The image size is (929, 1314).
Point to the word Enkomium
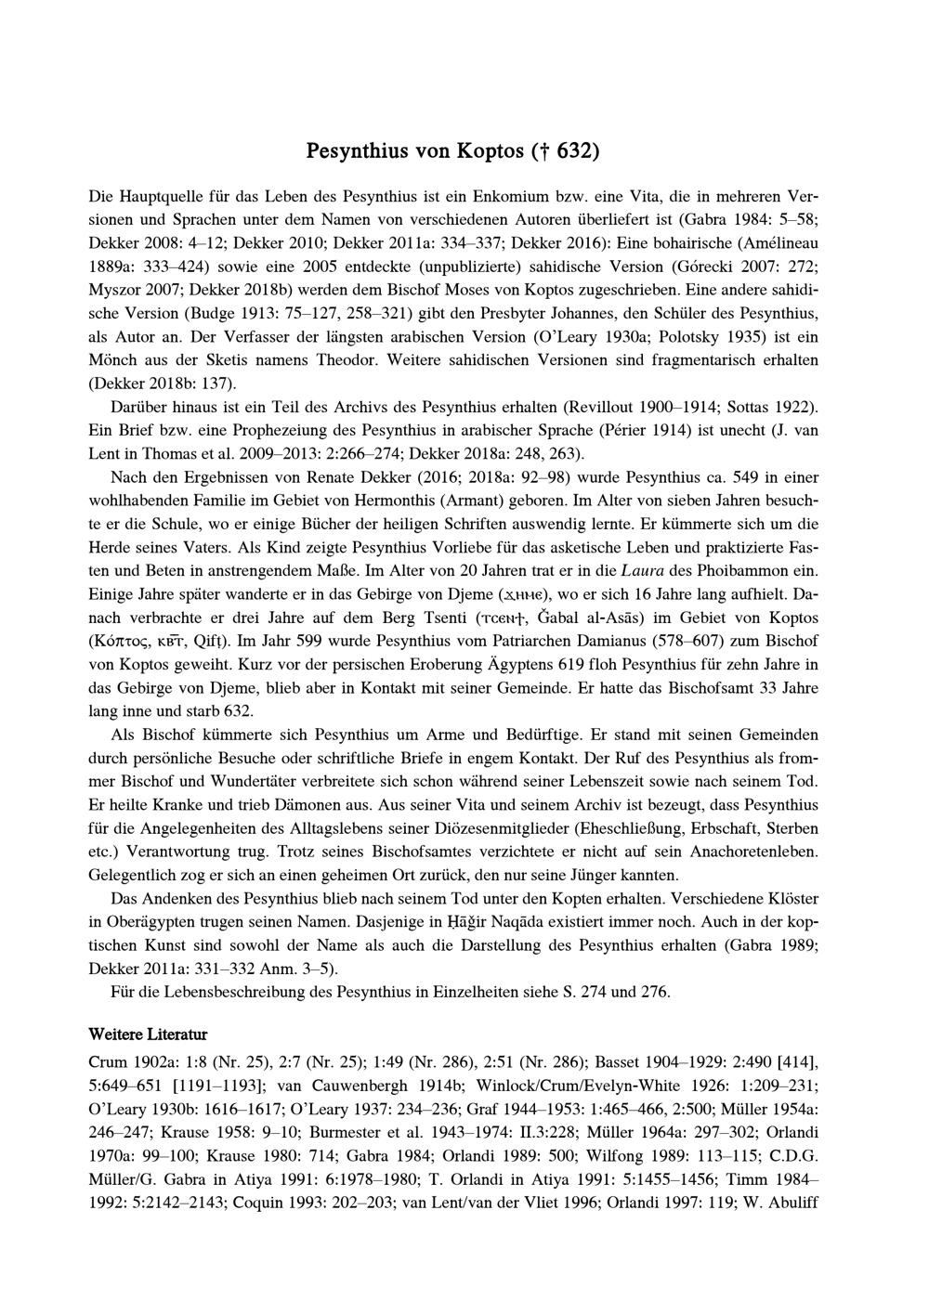tap(512, 197)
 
